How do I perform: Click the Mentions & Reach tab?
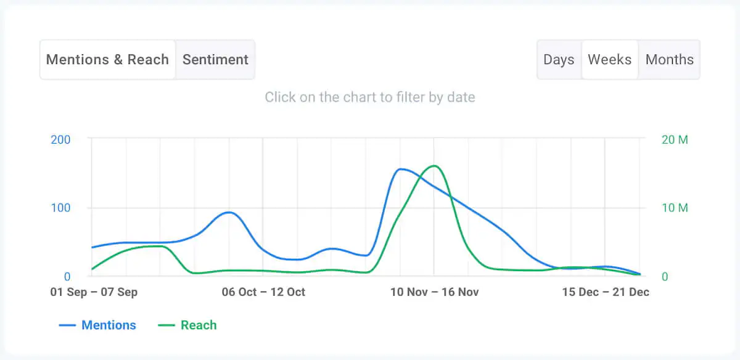(107, 60)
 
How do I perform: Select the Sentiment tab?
(215, 60)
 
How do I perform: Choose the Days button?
(559, 60)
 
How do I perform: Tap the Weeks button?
(609, 60)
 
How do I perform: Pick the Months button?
(669, 60)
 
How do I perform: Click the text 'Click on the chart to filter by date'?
(370, 97)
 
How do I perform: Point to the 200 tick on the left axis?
(60, 139)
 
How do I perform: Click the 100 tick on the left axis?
(60, 208)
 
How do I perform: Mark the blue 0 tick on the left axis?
(67, 277)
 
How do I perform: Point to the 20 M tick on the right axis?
(674, 139)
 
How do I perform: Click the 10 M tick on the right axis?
(674, 208)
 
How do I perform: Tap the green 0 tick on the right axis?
(665, 277)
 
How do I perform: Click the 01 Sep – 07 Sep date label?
(94, 292)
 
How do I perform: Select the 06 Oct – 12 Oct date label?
(263, 292)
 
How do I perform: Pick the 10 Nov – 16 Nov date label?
(434, 292)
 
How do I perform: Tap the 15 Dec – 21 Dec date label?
(606, 292)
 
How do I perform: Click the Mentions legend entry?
(97, 325)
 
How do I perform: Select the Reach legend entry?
(187, 325)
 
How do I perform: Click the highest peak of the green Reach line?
(434, 166)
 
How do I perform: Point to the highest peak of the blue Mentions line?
(401, 169)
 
